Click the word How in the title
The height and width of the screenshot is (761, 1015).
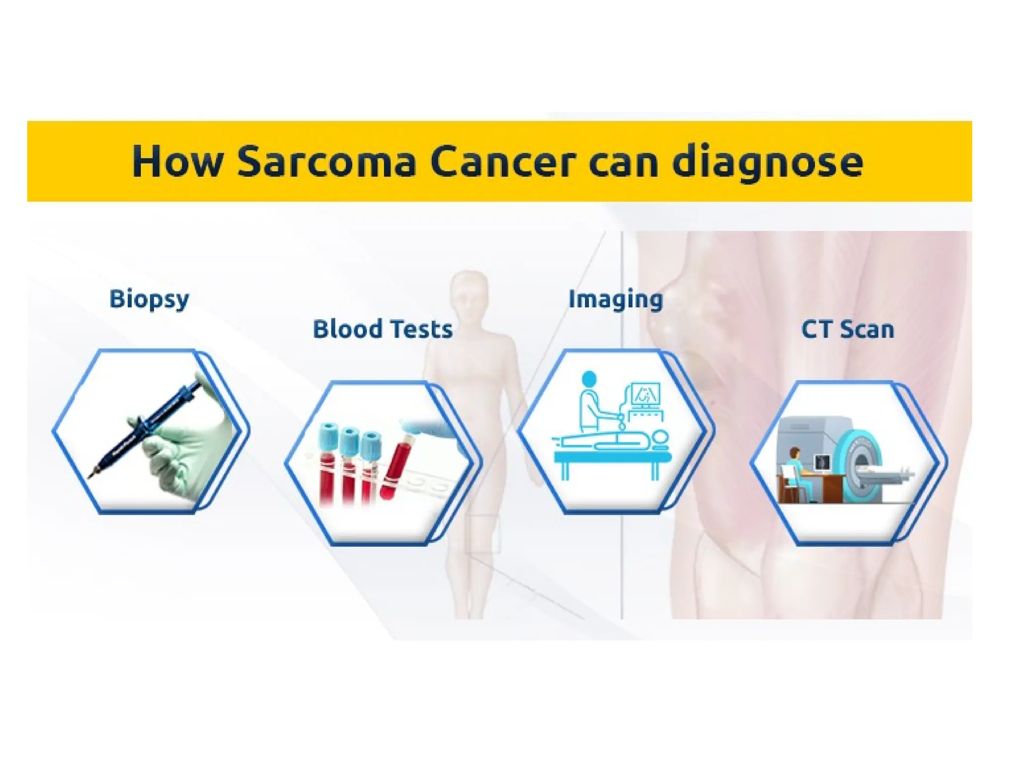177,162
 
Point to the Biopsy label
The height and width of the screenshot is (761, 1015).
149,299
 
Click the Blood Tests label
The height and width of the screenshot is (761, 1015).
383,329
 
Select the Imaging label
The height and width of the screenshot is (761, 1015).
615,299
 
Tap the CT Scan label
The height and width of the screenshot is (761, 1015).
847,329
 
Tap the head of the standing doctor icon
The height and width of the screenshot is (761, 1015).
588,379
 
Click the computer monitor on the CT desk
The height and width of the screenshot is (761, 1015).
823,463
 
